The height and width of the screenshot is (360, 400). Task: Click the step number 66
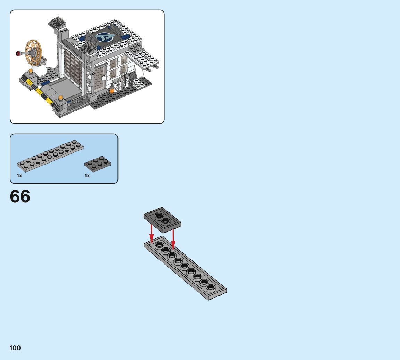click(20, 197)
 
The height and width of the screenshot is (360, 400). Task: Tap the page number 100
click(15, 348)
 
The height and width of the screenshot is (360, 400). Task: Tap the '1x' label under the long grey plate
click(19, 176)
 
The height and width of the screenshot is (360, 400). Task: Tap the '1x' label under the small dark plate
click(87, 176)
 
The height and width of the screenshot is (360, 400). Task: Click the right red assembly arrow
click(173, 239)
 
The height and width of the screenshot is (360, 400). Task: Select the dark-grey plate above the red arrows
click(162, 219)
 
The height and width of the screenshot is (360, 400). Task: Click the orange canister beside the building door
click(112, 90)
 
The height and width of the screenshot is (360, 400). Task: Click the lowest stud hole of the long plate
click(210, 287)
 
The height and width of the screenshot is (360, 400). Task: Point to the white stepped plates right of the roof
click(144, 58)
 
